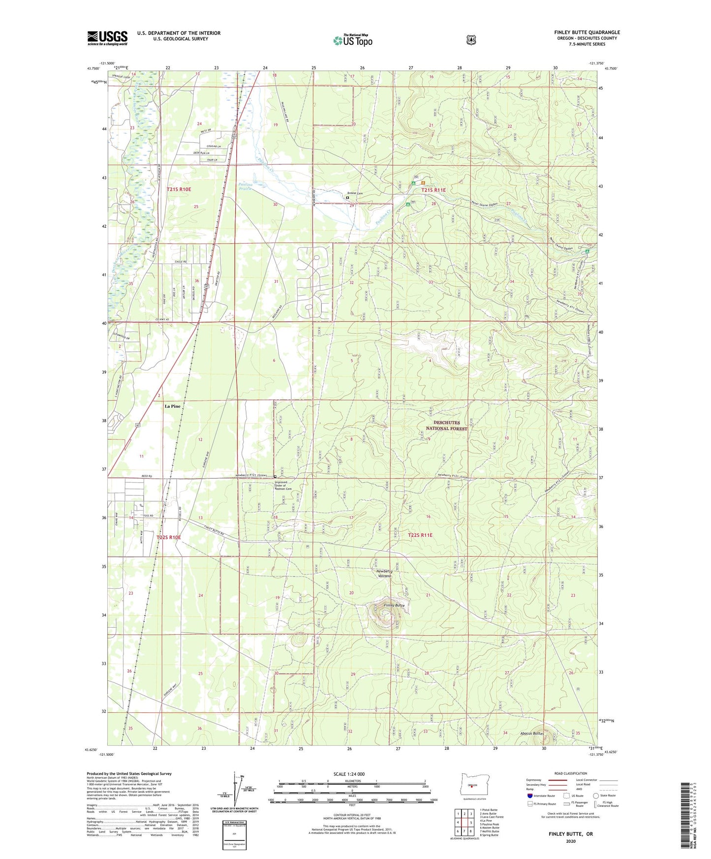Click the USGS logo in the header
(107, 38)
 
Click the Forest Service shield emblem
(471, 40)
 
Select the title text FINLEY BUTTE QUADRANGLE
(587, 32)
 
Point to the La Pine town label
(172, 406)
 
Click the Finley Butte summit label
(394, 605)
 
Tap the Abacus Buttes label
(532, 734)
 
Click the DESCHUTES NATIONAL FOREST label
(446, 426)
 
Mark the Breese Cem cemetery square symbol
(347, 198)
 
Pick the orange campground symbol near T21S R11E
(423, 184)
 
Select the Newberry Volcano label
(384, 574)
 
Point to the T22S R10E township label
(169, 538)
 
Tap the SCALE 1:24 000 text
(349, 774)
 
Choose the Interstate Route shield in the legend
(529, 796)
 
